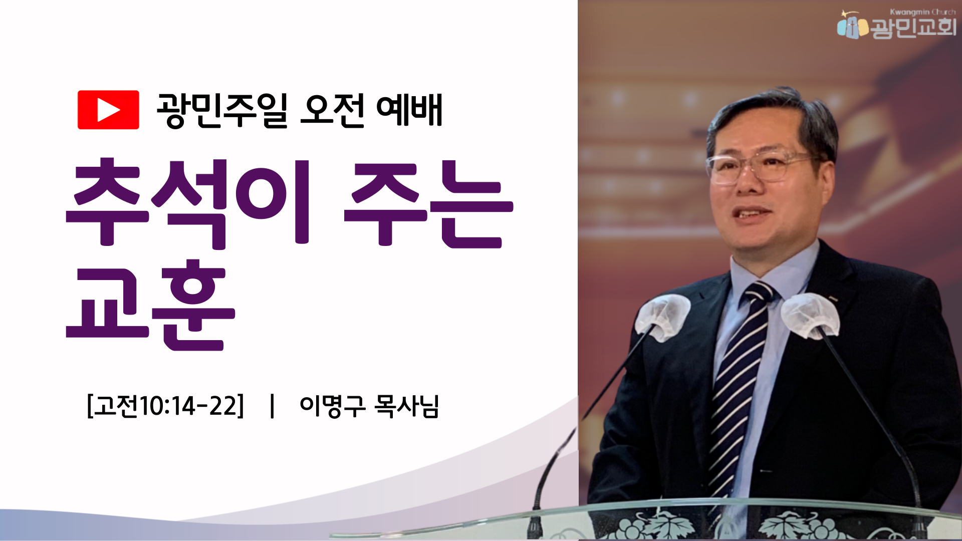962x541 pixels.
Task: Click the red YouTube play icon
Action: [x=108, y=110]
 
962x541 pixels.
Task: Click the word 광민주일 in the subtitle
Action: [x=222, y=110]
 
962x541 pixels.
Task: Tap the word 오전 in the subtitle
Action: [x=332, y=110]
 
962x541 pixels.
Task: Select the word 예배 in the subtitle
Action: [x=409, y=110]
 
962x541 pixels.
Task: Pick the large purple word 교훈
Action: [x=150, y=305]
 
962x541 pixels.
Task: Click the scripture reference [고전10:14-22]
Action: [x=165, y=406]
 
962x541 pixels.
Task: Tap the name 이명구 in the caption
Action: [x=332, y=406]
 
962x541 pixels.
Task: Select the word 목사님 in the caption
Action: [x=406, y=406]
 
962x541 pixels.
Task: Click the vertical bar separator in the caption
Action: [x=272, y=406]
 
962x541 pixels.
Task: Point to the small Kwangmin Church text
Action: [x=922, y=12]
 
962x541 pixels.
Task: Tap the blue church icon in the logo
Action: [x=852, y=26]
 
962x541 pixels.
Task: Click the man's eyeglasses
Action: [x=758, y=167]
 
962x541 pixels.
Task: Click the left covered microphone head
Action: [x=662, y=316]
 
